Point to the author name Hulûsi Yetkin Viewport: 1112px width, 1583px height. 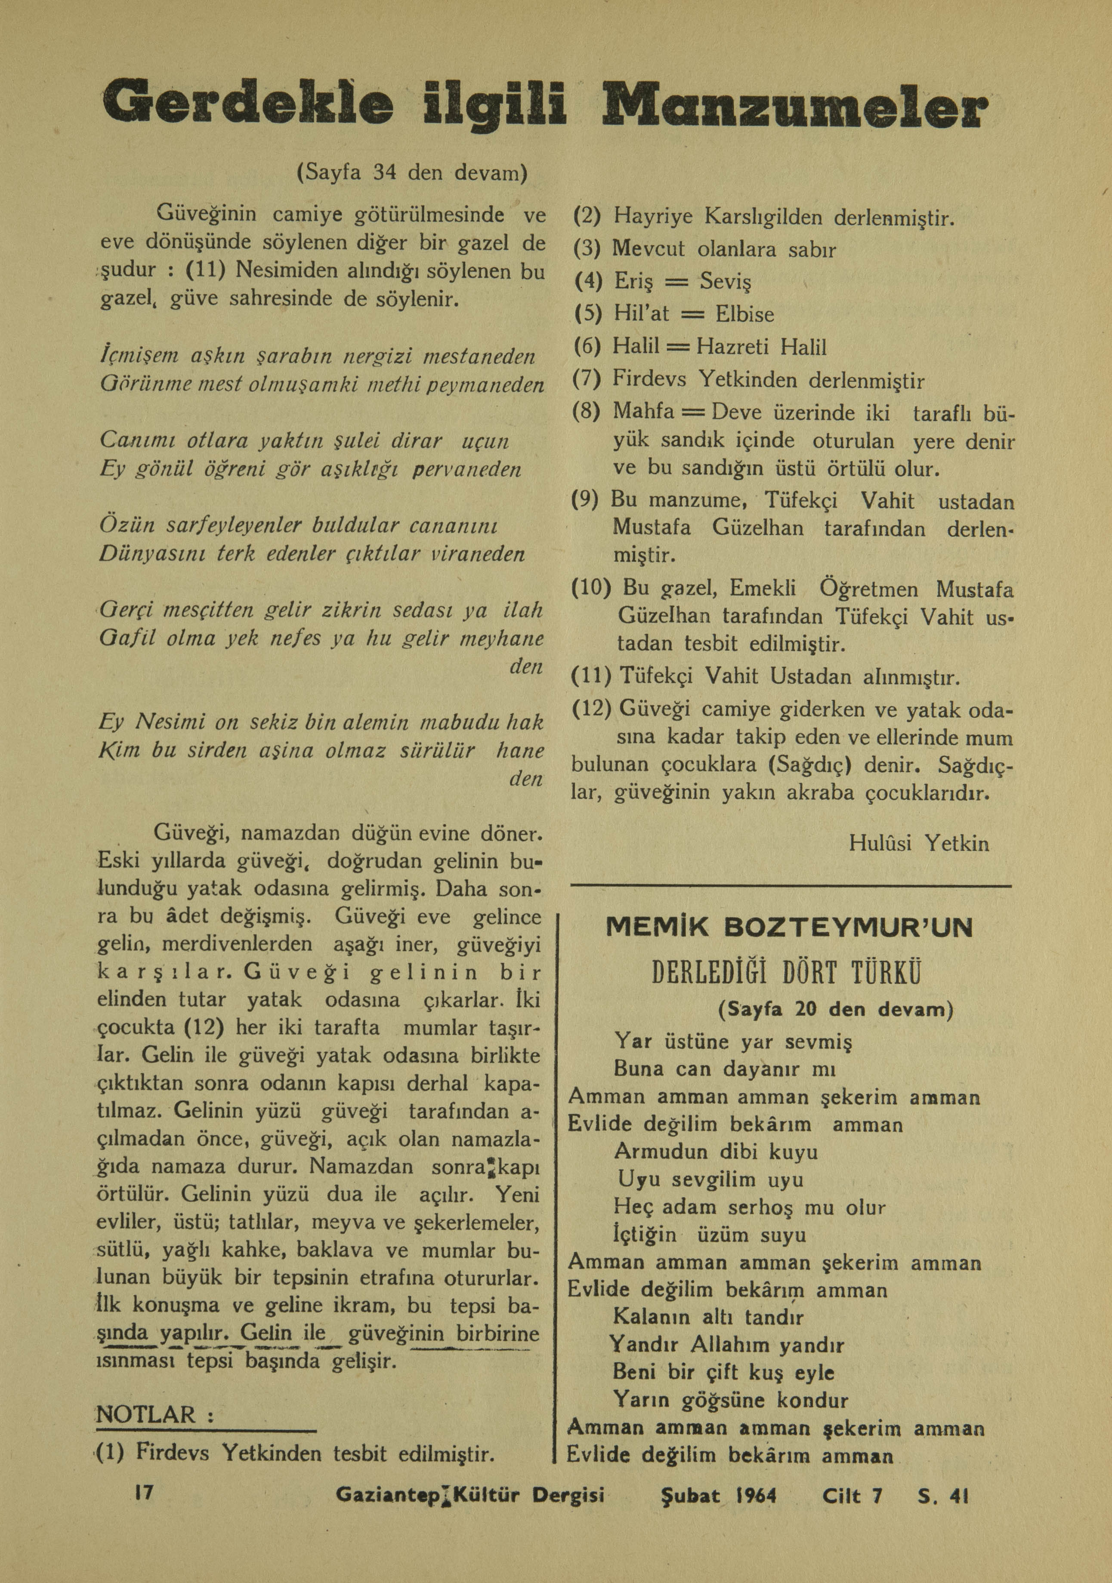point(920,843)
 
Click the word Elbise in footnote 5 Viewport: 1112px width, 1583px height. point(744,314)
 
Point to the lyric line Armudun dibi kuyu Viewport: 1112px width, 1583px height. point(715,1152)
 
